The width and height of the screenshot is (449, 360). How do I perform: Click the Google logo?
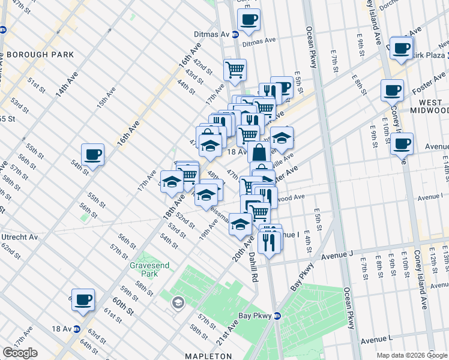click(20, 353)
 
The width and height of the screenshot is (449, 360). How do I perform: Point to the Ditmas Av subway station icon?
click(235, 34)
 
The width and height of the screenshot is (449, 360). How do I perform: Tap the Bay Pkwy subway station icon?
click(277, 316)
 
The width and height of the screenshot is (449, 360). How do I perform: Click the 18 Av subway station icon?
click(77, 328)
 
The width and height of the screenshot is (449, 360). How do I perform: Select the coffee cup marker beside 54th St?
click(93, 154)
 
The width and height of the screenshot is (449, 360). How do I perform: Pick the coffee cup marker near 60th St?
click(83, 299)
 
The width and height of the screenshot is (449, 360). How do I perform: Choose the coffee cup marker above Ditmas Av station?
click(249, 19)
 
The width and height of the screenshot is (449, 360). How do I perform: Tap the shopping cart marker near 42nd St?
click(235, 69)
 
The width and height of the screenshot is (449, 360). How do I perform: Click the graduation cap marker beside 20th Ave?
click(240, 224)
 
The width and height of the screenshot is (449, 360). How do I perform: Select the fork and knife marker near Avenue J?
click(268, 242)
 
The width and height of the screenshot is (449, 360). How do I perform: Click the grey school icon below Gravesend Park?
click(178, 303)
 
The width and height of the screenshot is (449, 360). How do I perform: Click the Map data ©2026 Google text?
click(412, 355)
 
